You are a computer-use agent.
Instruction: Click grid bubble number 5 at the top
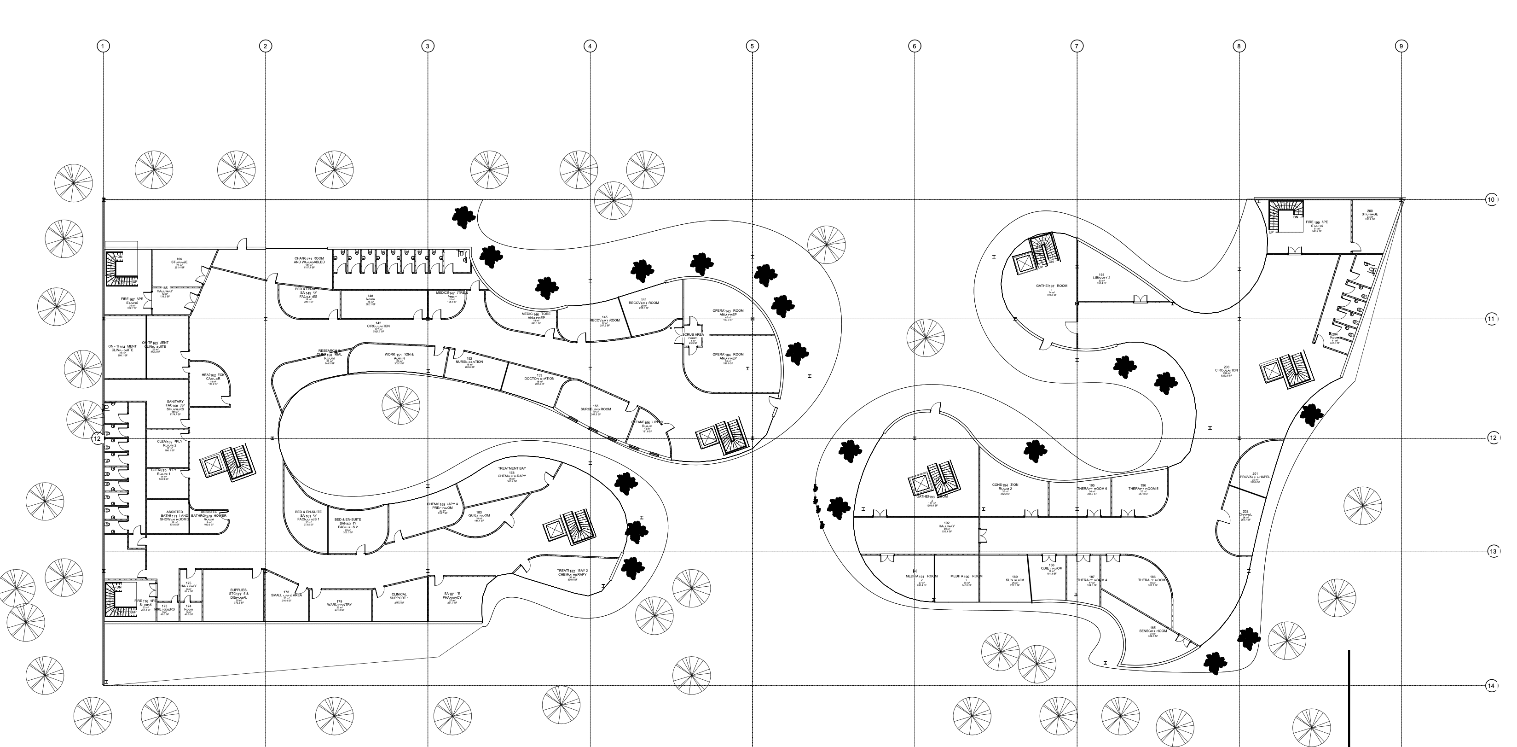tap(752, 46)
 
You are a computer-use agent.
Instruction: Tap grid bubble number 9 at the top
tap(1401, 46)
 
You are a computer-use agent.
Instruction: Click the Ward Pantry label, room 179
tap(339, 604)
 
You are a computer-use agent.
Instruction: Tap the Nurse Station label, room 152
tap(469, 362)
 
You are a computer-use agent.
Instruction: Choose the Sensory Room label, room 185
tap(1152, 631)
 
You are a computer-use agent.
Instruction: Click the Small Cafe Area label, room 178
tap(286, 595)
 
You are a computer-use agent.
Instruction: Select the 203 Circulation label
tap(1226, 370)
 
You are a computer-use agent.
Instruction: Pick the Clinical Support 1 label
tap(400, 596)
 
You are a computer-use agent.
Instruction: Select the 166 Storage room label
tap(179, 262)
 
